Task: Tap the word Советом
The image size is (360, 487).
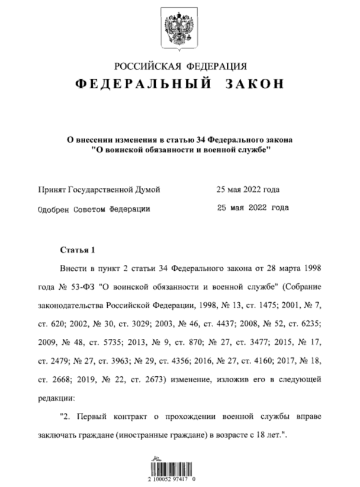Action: (x=90, y=209)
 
